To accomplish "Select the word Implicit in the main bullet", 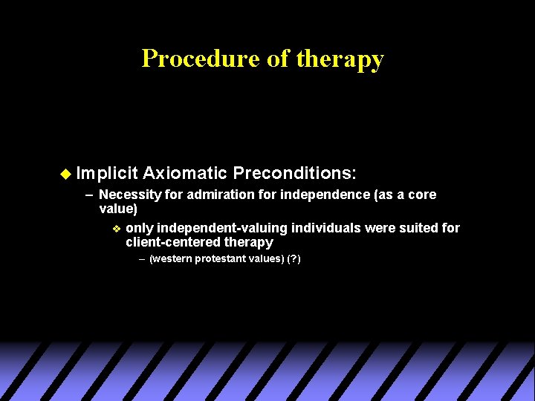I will [107, 174].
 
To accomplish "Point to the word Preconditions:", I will [295, 174].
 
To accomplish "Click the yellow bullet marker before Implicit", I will [65, 174].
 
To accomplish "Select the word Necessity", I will [127, 195].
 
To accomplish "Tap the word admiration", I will [211, 195].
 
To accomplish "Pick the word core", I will [421, 195].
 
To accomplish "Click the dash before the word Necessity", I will [89, 195].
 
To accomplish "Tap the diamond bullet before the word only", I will [116, 228].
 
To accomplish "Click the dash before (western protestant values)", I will [142, 259].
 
